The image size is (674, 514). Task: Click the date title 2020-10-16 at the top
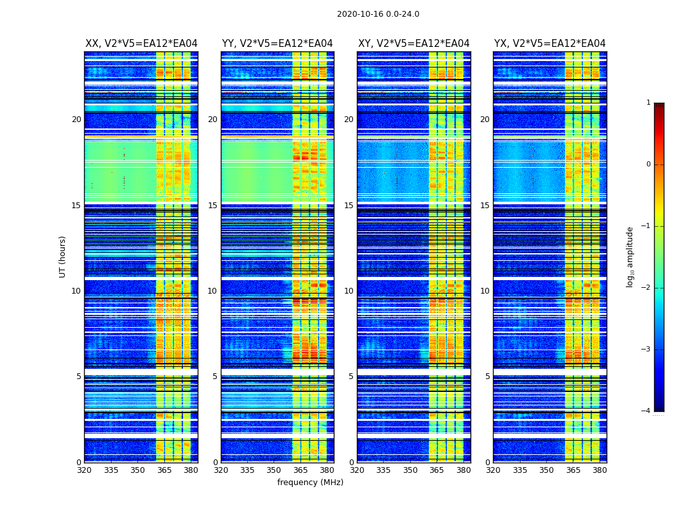pyautogui.click(x=378, y=14)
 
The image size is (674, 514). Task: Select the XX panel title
pyautogui.click(x=141, y=44)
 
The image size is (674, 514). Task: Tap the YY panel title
pyautogui.click(x=277, y=44)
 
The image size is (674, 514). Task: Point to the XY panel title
pyautogui.click(x=413, y=44)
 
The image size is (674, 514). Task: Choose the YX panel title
pyautogui.click(x=549, y=44)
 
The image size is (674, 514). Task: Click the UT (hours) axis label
pyautogui.click(x=63, y=256)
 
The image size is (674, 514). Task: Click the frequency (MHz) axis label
pyautogui.click(x=310, y=483)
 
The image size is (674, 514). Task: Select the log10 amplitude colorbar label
pyautogui.click(x=630, y=256)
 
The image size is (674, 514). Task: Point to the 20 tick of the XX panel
pyautogui.click(x=76, y=120)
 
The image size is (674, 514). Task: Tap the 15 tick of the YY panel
pyautogui.click(x=212, y=206)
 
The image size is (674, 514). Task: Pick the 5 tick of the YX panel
pyautogui.click(x=487, y=377)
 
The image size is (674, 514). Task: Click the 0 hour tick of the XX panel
pyautogui.click(x=79, y=463)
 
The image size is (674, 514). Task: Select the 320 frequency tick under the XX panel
pyautogui.click(x=84, y=470)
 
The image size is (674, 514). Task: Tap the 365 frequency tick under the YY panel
pyautogui.click(x=300, y=470)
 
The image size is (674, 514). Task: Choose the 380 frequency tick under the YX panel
pyautogui.click(x=600, y=470)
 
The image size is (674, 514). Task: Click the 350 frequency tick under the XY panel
pyautogui.click(x=410, y=470)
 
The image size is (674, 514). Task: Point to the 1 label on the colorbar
pyautogui.click(x=648, y=103)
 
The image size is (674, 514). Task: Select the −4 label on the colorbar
pyautogui.click(x=646, y=411)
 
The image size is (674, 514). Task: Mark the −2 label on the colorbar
pyautogui.click(x=646, y=288)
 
